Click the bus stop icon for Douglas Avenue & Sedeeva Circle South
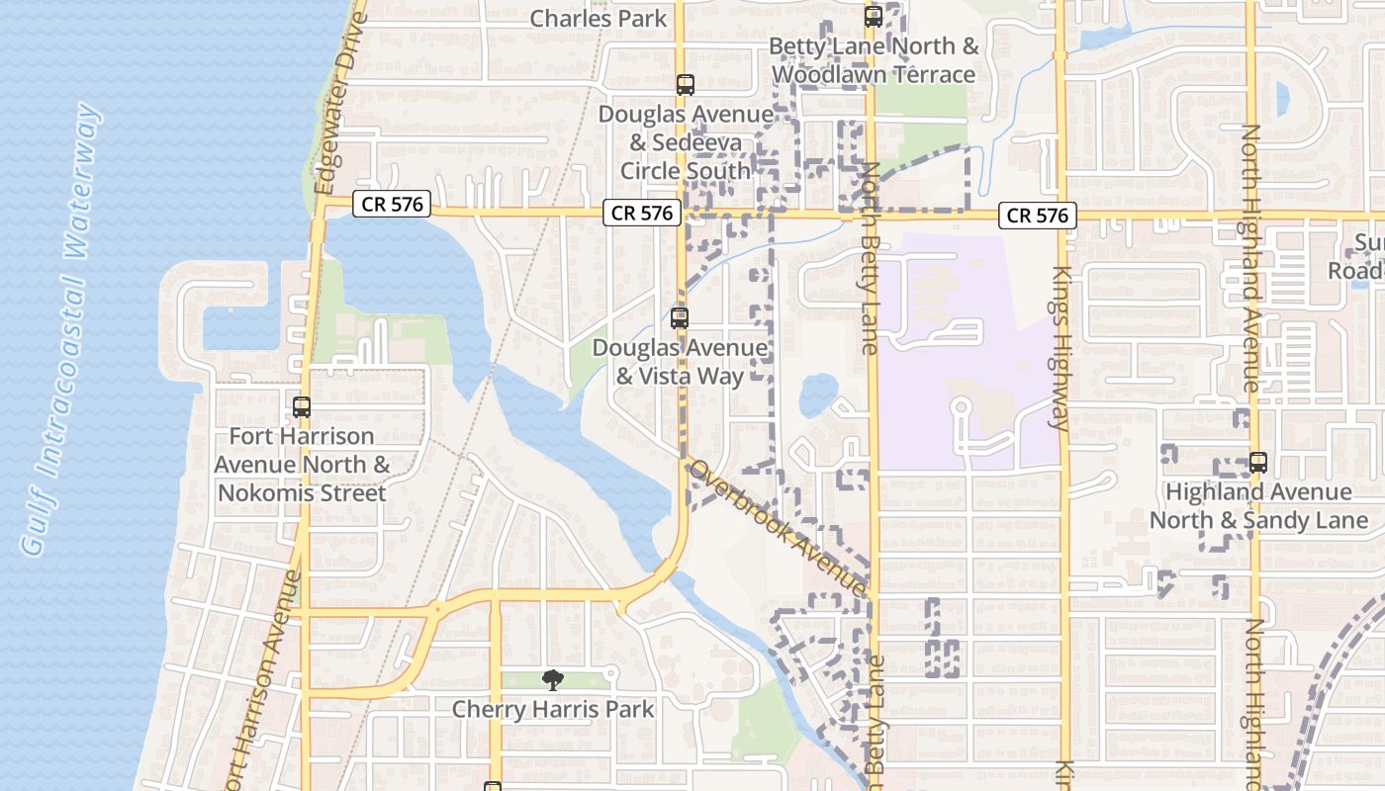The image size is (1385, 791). (x=686, y=85)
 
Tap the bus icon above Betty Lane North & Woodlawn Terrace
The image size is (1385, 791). (x=873, y=16)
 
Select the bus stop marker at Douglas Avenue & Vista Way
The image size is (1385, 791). (x=679, y=318)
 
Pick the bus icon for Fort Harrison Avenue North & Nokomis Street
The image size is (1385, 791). (x=302, y=406)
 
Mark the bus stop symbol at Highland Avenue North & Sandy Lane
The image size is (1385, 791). (x=1257, y=462)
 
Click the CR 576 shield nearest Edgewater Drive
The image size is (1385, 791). (x=392, y=205)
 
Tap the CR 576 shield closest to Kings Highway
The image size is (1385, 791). (x=1037, y=215)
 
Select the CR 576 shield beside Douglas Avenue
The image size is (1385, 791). (x=641, y=213)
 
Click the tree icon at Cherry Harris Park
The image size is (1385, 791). (x=552, y=679)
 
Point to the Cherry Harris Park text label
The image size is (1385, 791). (x=553, y=709)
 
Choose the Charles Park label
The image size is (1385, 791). (x=599, y=18)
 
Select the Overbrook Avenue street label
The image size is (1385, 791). (x=779, y=528)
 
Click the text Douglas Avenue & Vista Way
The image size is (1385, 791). (x=679, y=362)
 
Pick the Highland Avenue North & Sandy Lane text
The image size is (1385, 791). (x=1258, y=505)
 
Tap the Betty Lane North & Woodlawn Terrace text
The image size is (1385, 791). (x=874, y=60)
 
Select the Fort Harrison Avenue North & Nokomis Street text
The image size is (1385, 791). (x=302, y=464)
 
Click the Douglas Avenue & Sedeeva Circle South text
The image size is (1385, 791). (x=686, y=142)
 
